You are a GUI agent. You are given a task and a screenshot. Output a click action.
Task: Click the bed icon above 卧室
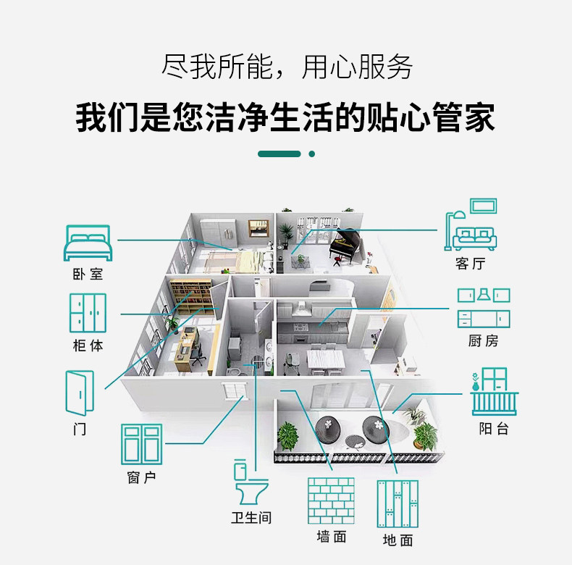(88, 243)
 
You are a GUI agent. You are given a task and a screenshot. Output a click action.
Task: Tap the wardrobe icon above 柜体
(88, 313)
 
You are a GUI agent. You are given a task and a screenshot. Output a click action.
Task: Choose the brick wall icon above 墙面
(332, 501)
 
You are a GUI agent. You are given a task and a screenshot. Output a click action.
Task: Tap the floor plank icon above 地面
(398, 503)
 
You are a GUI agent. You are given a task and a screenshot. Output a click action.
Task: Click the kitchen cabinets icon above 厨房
(484, 309)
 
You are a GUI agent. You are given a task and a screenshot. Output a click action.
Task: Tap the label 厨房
(483, 340)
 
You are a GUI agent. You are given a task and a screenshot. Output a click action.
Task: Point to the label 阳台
(494, 428)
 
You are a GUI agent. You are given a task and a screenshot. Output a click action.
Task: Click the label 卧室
(88, 274)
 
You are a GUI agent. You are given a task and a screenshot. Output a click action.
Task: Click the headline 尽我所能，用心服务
(286, 67)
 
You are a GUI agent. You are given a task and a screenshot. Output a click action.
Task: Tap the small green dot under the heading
(312, 154)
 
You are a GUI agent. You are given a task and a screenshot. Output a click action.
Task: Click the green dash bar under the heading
(279, 154)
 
